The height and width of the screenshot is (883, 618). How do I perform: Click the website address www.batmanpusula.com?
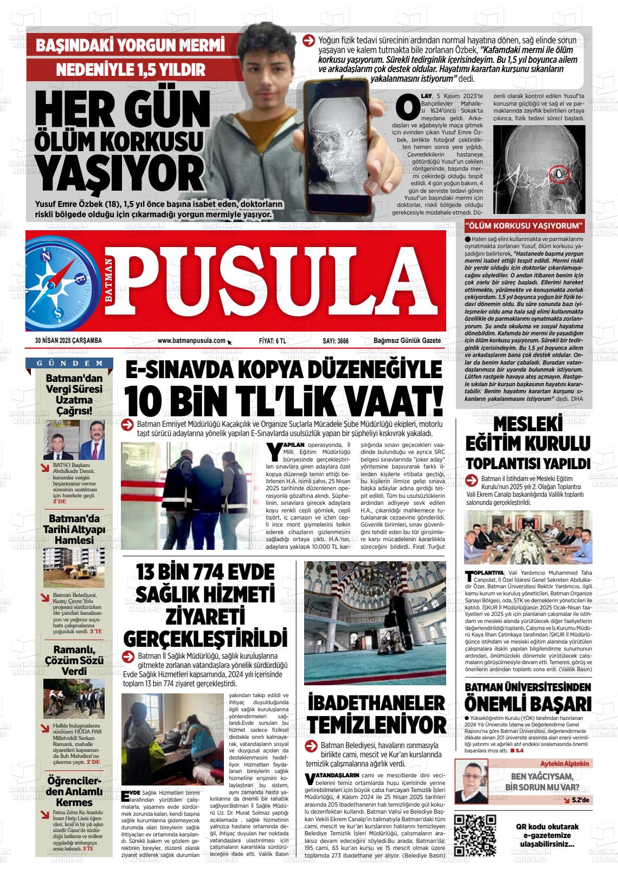click(191, 341)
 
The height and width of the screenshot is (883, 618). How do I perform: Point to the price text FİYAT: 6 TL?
click(272, 341)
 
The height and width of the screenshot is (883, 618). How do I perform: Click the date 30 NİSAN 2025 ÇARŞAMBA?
click(68, 341)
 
